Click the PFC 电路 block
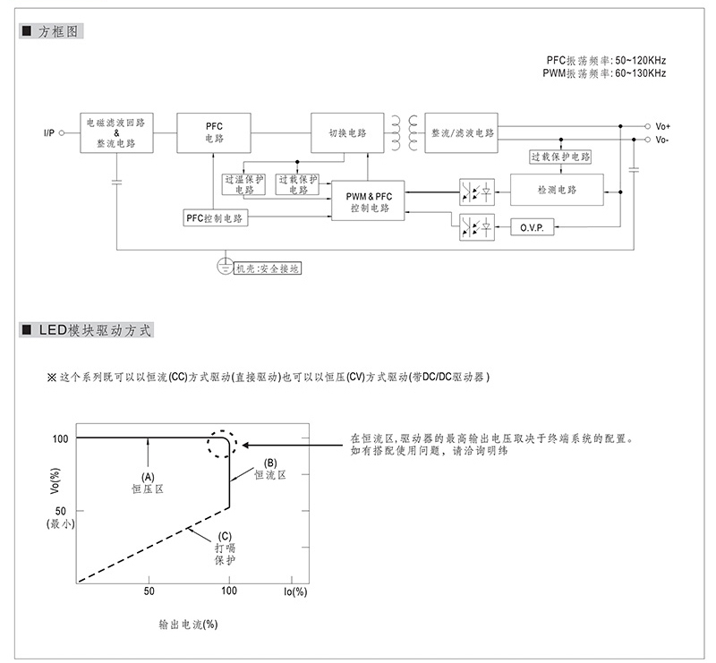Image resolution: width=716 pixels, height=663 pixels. pyautogui.click(x=214, y=133)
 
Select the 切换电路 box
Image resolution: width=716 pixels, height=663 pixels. pyautogui.click(x=347, y=133)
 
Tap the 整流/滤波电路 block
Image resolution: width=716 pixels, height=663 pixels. pyautogui.click(x=461, y=133)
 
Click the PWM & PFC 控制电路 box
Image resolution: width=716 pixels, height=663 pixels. pyautogui.click(x=368, y=201)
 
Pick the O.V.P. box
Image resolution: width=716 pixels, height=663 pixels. pyautogui.click(x=532, y=227)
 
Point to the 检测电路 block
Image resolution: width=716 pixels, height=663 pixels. pyautogui.click(x=557, y=190)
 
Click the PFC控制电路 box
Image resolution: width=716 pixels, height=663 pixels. pyautogui.click(x=215, y=217)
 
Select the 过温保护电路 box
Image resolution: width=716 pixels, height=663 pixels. pyautogui.click(x=243, y=184)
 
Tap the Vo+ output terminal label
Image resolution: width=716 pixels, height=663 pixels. pyautogui.click(x=662, y=126)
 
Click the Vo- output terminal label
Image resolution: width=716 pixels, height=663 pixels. pyautogui.click(x=662, y=140)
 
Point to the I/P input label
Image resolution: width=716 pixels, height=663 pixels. pyautogui.click(x=49, y=133)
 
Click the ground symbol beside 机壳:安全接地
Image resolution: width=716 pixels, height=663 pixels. pyautogui.click(x=225, y=266)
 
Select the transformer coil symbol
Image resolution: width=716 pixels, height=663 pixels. pyautogui.click(x=405, y=133)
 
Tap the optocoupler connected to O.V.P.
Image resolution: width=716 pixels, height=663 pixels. pyautogui.click(x=477, y=227)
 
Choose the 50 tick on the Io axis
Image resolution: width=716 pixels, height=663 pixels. pyautogui.click(x=149, y=591)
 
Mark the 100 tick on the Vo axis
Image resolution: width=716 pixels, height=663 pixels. pyautogui.click(x=60, y=438)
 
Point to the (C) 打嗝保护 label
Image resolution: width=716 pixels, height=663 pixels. pyautogui.click(x=225, y=548)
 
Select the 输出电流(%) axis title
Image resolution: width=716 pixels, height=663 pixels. pyautogui.click(x=188, y=625)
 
